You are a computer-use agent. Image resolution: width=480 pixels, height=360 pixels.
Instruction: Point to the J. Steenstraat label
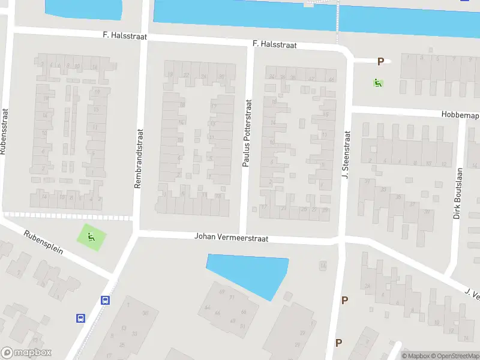(346, 156)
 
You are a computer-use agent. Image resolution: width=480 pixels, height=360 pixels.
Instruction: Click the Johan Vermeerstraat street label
(231, 237)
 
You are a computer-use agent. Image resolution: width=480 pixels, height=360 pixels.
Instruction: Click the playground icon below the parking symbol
(378, 82)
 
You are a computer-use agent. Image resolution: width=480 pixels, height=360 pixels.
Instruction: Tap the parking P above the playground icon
(380, 61)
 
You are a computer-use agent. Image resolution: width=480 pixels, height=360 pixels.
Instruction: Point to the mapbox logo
(26, 353)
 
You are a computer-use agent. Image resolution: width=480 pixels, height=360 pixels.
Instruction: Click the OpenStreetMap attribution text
(452, 356)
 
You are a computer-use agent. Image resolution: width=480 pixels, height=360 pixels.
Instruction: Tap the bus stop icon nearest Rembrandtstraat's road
(106, 301)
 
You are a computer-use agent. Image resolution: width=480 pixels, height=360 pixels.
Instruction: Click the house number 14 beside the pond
(323, 265)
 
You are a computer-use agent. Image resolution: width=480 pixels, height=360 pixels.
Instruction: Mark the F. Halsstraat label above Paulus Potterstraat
(274, 44)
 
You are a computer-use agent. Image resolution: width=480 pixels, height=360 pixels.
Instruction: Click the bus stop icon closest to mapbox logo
(80, 318)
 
